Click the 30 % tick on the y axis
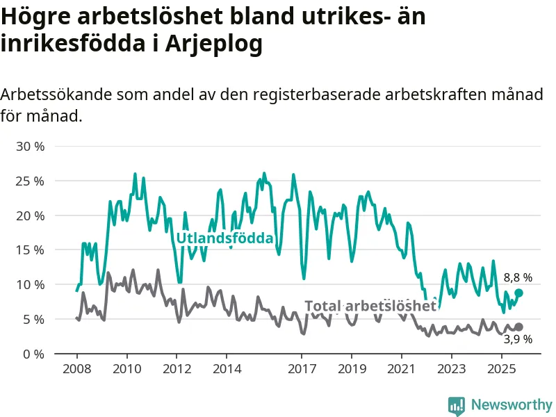point(29,147)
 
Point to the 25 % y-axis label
point(29,181)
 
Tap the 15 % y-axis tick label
point(29,250)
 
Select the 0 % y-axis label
point(33,354)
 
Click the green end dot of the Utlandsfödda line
point(519,293)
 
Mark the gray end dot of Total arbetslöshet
point(519,327)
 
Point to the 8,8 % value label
point(518,277)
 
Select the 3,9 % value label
point(518,339)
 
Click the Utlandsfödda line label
point(224,238)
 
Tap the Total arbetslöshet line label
point(370,306)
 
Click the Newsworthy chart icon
point(457,405)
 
